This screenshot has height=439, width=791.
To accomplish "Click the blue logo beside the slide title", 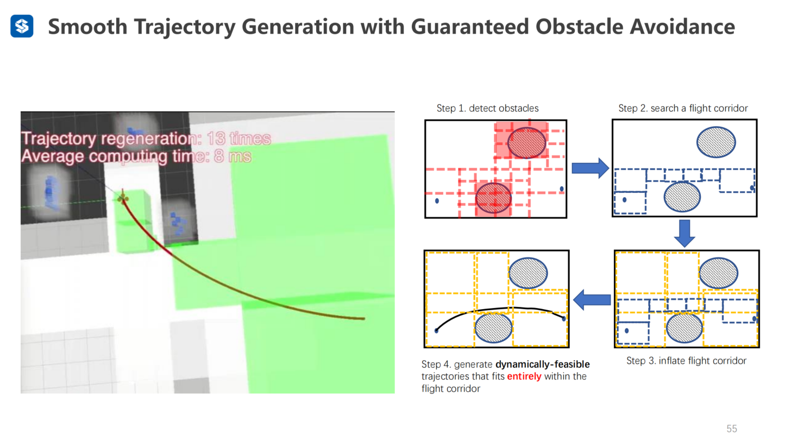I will coord(22,26).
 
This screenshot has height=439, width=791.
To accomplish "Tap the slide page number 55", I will coord(732,429).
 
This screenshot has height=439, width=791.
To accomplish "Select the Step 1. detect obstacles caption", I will coord(487,108).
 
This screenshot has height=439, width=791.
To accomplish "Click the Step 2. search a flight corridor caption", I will coord(683,108).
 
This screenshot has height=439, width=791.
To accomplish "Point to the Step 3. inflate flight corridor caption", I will coord(686,361).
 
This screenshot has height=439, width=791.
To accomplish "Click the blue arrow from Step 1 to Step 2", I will coord(590,168).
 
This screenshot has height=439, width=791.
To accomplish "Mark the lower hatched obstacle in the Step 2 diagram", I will coord(682,197).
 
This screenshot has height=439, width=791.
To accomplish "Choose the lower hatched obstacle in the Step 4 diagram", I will coord(493,328).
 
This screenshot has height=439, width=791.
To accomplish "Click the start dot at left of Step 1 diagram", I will coord(437,200).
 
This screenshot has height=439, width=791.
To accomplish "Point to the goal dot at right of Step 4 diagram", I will coord(564,318).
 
